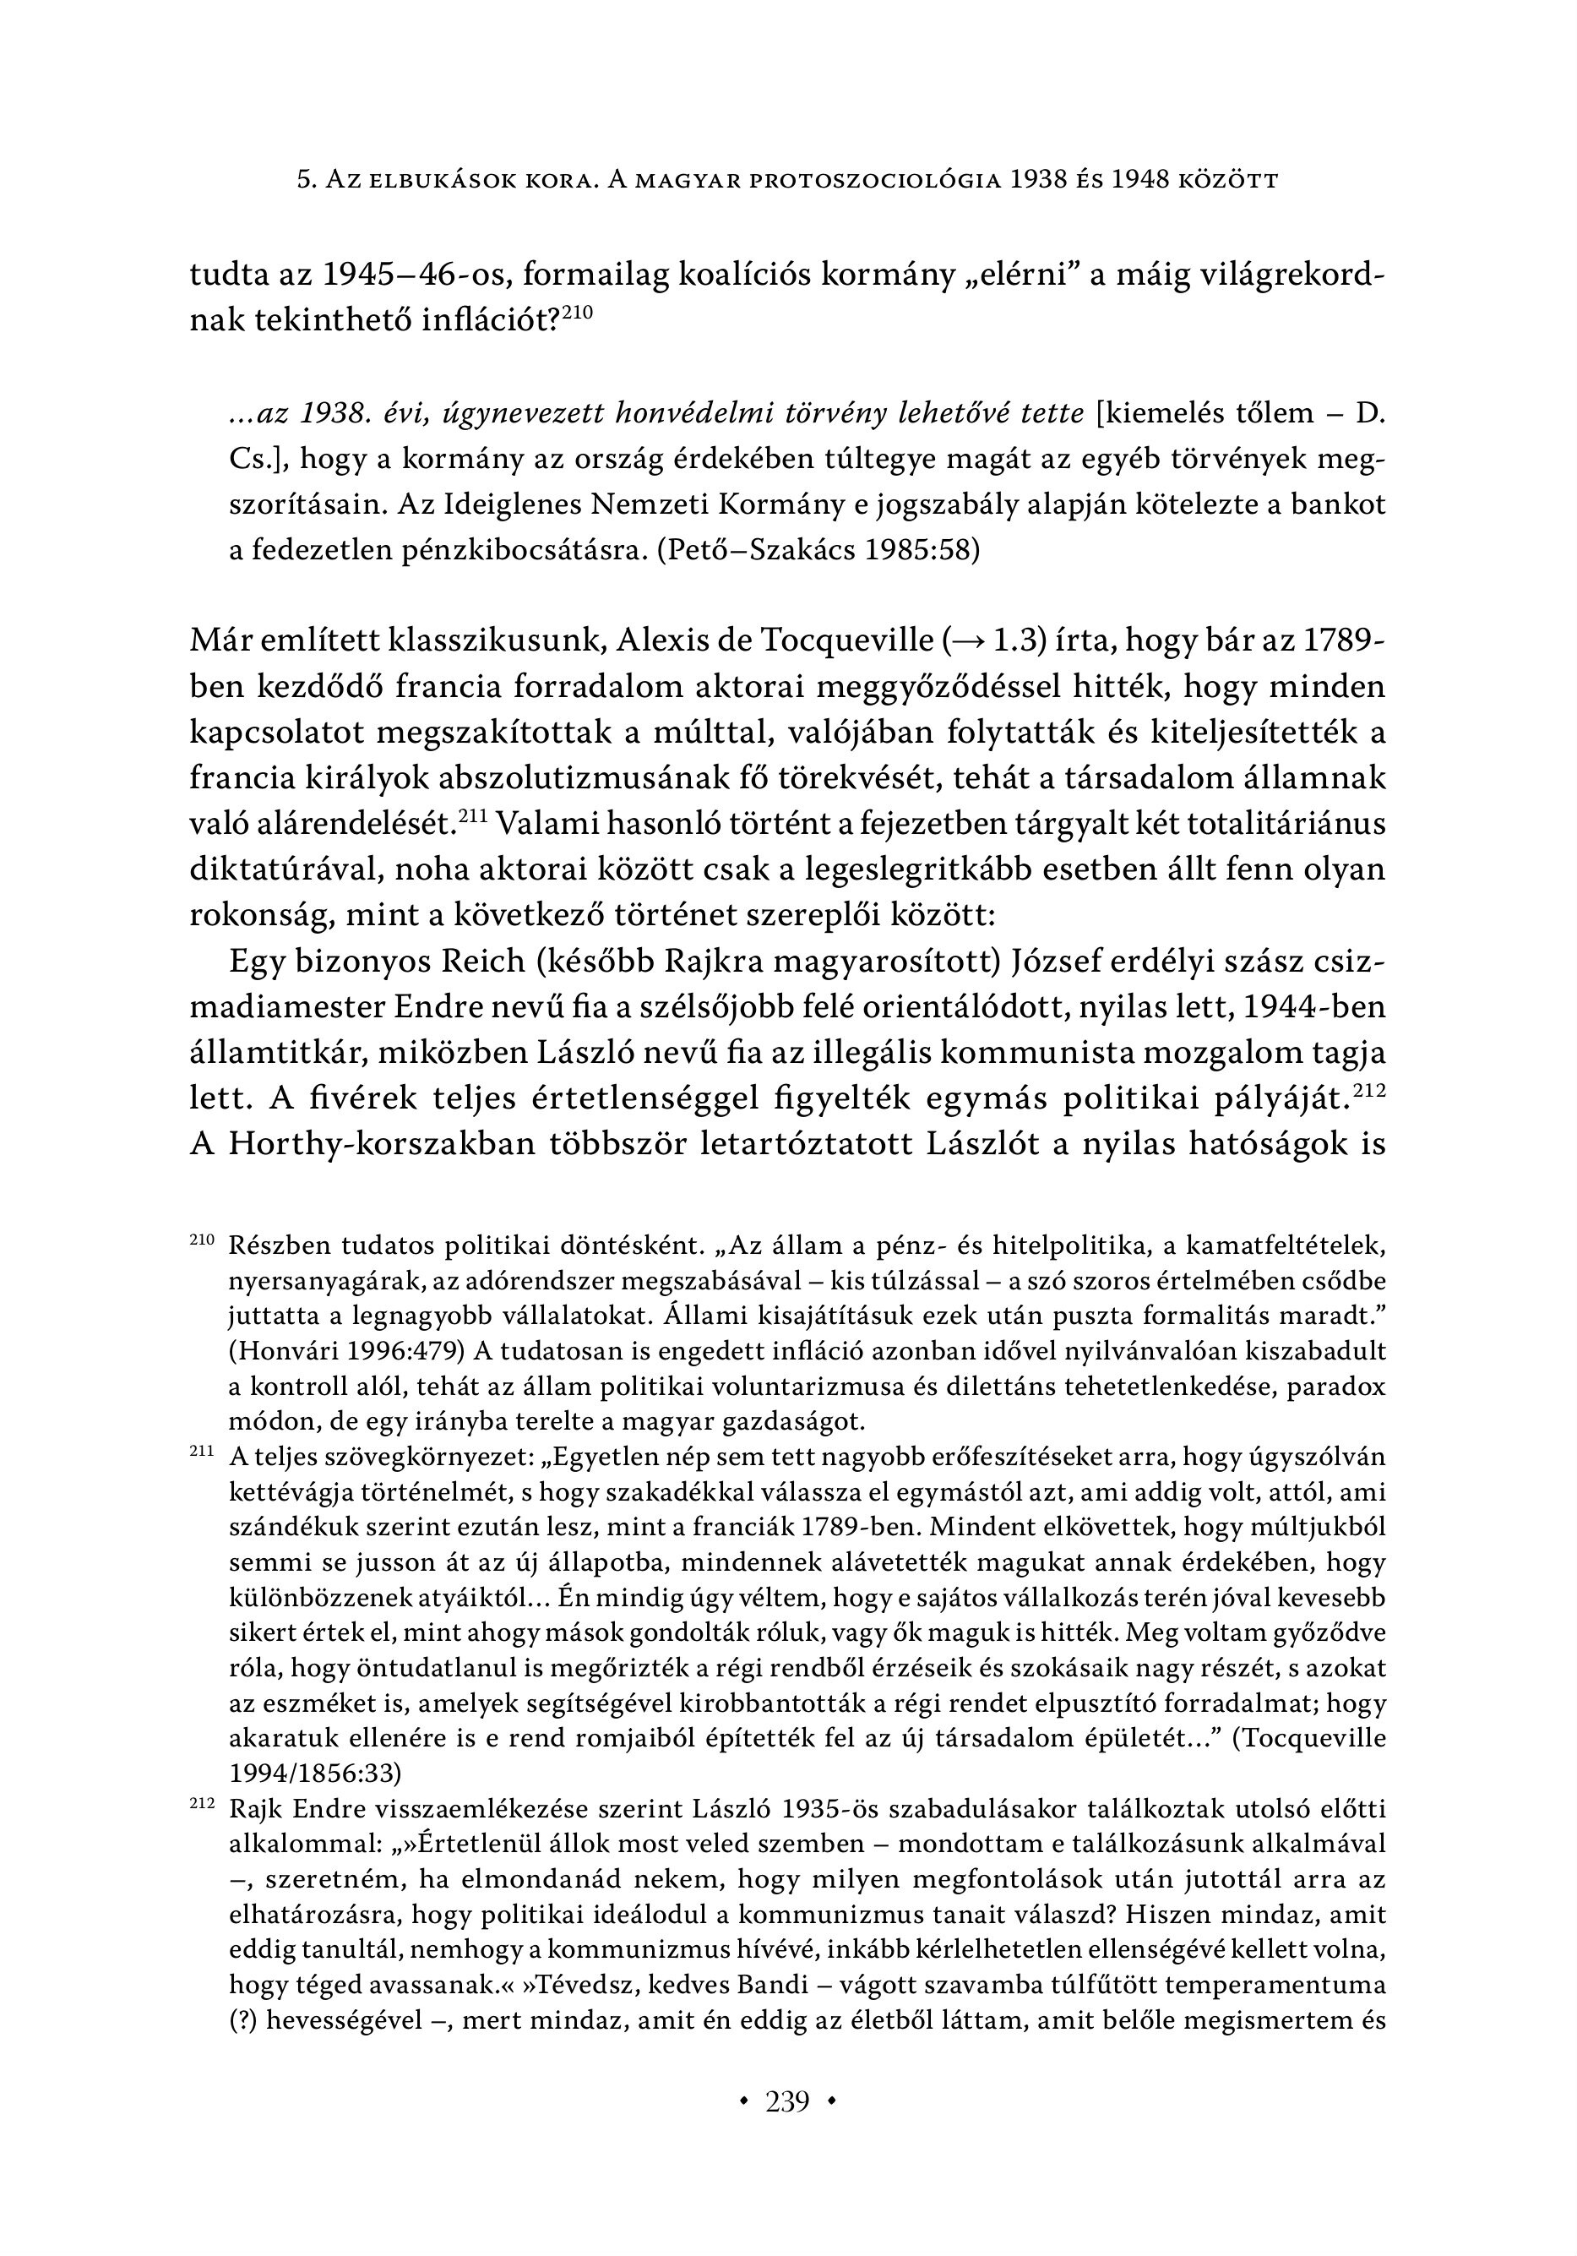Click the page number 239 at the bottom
click(x=787, y=2104)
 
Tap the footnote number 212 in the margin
click(x=201, y=1805)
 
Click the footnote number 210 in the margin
click(x=201, y=1241)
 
